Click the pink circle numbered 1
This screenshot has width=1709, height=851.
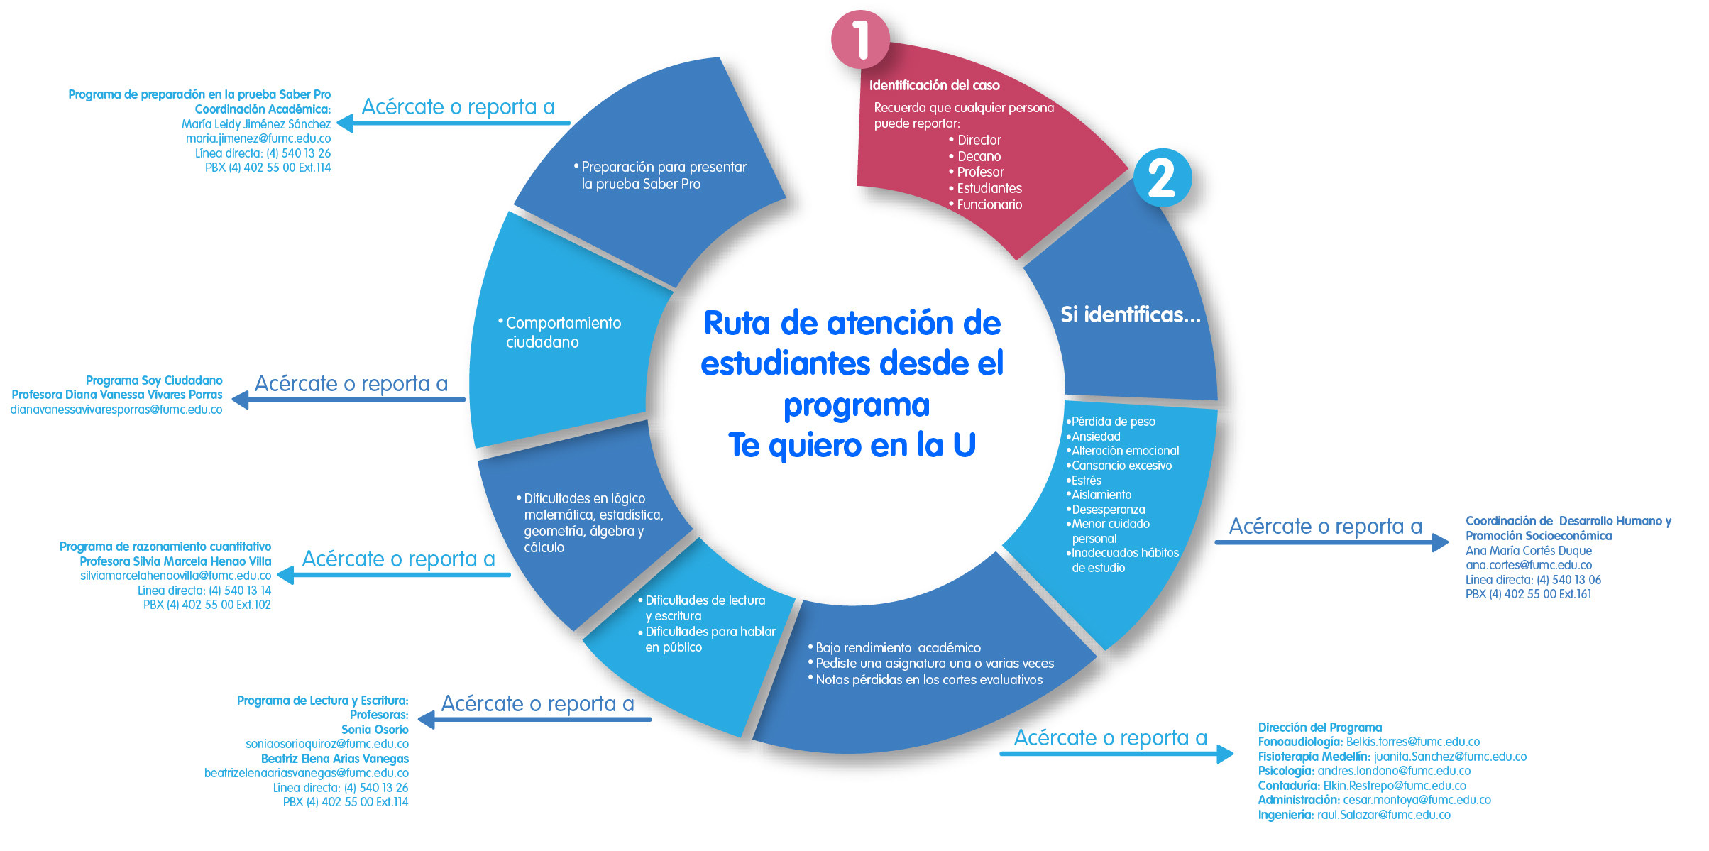click(x=860, y=39)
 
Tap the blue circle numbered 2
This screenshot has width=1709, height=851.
click(x=1162, y=177)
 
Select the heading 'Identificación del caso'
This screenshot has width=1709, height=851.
click(x=934, y=86)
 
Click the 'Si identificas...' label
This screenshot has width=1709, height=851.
click(x=1131, y=314)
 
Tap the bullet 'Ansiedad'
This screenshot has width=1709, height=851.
click(x=1094, y=437)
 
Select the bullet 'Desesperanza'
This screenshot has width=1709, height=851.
click(x=1106, y=510)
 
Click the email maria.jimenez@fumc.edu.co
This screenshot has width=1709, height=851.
click(x=258, y=138)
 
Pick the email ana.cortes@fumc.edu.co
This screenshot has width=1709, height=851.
click(x=1529, y=565)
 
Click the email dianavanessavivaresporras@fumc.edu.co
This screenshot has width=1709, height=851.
click(x=116, y=410)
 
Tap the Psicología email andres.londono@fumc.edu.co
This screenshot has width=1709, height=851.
click(x=1394, y=771)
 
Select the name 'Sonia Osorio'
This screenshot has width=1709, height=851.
click(x=375, y=730)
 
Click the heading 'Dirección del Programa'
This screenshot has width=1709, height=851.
click(x=1320, y=728)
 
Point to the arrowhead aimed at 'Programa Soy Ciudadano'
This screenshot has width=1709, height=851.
click(x=241, y=400)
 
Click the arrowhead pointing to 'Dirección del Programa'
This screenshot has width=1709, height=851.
click(x=1225, y=754)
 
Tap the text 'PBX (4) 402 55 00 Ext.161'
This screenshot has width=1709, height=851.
click(x=1529, y=594)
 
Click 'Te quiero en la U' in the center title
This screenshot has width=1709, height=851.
click(x=852, y=446)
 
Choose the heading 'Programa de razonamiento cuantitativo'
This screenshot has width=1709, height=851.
click(x=165, y=547)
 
